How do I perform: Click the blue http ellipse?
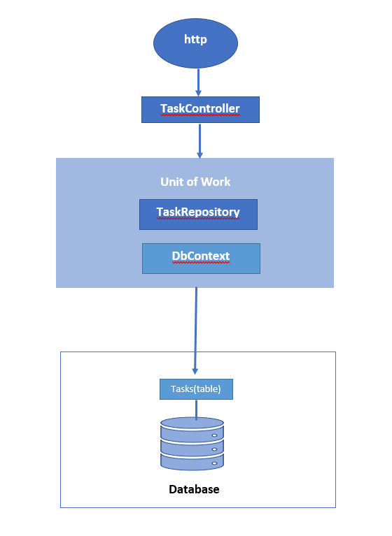[195, 43]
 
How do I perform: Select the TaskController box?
[200, 110]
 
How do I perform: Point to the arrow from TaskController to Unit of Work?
[199, 140]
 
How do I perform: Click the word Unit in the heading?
[172, 182]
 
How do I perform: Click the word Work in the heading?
[216, 182]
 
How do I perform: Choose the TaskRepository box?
[198, 214]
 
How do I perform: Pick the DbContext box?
[201, 258]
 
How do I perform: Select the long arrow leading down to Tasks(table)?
[195, 328]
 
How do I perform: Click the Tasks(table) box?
[196, 389]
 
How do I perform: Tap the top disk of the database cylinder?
[192, 426]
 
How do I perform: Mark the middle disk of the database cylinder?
[192, 444]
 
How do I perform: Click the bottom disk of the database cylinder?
[192, 461]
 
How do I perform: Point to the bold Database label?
[194, 489]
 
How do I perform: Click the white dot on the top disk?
[214, 435]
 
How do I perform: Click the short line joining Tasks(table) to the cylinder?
[196, 410]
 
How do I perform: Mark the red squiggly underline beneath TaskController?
[200, 116]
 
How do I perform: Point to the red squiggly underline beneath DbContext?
[201, 264]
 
